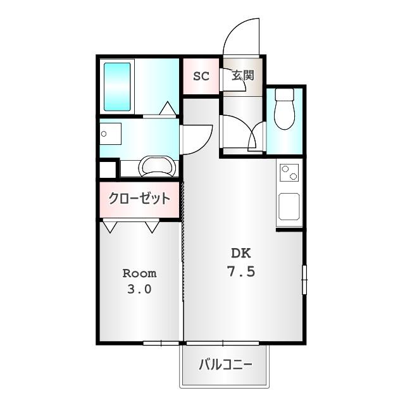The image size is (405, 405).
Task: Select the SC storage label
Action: click(x=201, y=77)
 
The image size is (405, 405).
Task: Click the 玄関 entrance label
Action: click(x=242, y=76)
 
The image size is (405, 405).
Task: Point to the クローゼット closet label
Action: click(x=139, y=199)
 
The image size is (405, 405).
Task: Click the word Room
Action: click(x=139, y=273)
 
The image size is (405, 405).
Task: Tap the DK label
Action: click(x=240, y=254)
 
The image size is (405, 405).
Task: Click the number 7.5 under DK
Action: click(x=240, y=272)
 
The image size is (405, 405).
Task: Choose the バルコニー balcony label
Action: click(x=226, y=365)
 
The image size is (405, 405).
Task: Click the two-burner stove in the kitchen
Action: click(x=289, y=173)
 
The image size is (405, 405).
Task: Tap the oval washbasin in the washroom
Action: click(x=156, y=166)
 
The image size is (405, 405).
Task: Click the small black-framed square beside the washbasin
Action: click(x=107, y=170)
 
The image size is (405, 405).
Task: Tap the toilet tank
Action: click(x=285, y=96)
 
